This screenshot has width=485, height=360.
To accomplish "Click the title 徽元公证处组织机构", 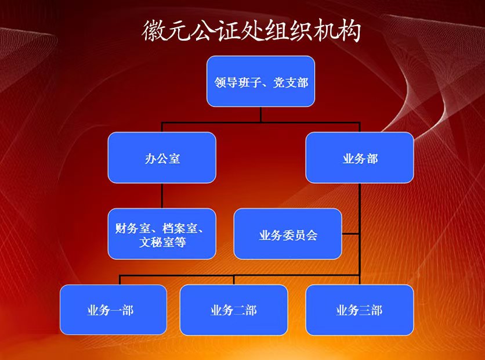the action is pos(251,30).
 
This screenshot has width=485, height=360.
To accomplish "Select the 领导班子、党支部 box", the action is pos(260,81).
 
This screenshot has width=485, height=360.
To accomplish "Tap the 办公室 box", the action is pos(162,157).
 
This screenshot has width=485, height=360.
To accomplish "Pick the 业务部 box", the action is pos(360,157).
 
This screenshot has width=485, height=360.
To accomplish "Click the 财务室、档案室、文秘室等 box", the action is pos(162,233).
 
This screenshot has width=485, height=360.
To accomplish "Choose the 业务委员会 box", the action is pos(288,233).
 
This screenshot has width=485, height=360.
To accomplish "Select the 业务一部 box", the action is pos(113,310).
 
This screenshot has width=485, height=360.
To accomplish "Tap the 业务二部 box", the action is pos(234,310).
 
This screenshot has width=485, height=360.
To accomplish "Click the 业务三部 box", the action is pos(360,310).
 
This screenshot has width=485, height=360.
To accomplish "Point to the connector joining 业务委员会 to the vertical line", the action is pos(351,233).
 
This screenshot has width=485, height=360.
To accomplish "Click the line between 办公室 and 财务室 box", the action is pos(162,196).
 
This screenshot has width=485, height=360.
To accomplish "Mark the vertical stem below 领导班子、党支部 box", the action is pos(260,114).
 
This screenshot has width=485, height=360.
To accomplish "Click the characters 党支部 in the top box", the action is pos(291,82).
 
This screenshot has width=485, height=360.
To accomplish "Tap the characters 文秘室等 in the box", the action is pos(162,242).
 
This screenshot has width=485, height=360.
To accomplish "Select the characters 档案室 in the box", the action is pos(180,228).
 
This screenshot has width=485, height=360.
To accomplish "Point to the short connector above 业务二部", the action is pos(234,280).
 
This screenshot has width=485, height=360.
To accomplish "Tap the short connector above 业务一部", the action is pos(120,280).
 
